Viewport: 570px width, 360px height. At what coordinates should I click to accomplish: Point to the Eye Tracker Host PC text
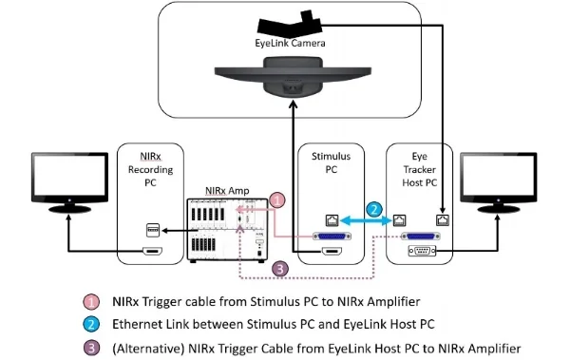(x=420, y=170)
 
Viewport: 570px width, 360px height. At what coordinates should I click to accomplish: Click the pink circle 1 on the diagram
(x=276, y=200)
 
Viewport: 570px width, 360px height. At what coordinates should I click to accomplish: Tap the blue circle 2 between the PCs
(x=374, y=210)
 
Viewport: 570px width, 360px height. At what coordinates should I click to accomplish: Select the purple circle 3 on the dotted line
(x=277, y=269)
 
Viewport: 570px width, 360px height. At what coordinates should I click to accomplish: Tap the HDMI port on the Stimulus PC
(x=332, y=252)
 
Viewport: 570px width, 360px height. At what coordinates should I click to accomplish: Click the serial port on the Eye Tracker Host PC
(x=420, y=252)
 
